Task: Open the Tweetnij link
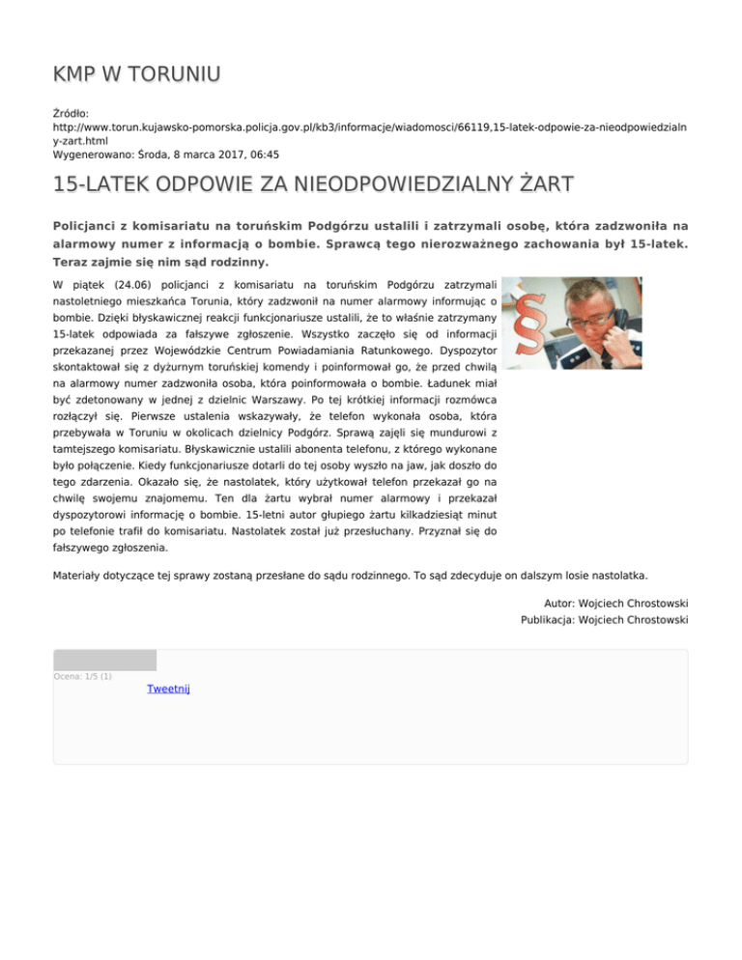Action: pos(168,689)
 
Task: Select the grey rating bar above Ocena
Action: pos(104,661)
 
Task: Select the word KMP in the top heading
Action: pos(75,73)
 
